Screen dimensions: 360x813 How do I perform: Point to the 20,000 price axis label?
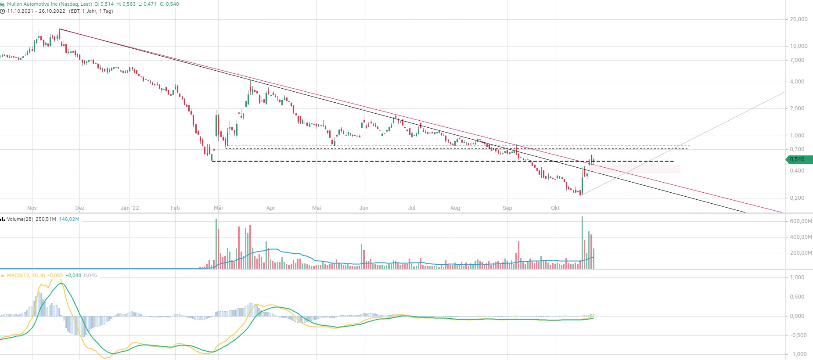[x=799, y=19]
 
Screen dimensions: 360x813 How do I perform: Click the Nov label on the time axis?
[x=32, y=208]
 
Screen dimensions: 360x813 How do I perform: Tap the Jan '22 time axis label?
[x=130, y=208]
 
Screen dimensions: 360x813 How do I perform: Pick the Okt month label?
[x=555, y=208]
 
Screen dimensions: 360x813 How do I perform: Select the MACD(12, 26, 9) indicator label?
[x=26, y=275]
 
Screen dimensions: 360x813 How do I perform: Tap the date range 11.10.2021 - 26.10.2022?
[x=36, y=11]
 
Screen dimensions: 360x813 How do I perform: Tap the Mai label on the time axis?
[x=316, y=208]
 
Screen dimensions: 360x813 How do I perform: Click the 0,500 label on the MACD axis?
[x=798, y=297]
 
